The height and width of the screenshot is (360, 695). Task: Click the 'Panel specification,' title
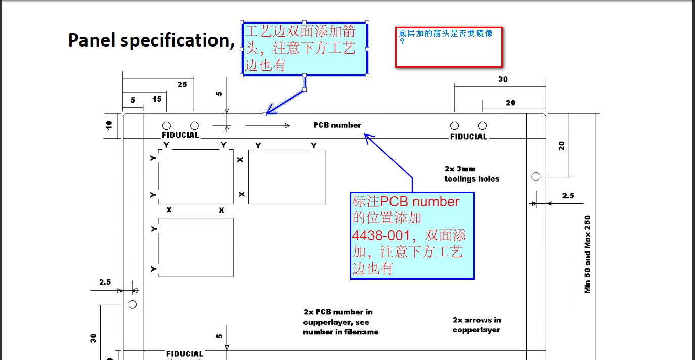point(151,40)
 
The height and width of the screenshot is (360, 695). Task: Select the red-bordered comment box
point(449,48)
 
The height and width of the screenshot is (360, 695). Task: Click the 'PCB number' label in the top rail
point(337,125)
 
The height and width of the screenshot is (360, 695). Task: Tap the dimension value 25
point(182,85)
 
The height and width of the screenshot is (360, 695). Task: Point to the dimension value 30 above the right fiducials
point(503,79)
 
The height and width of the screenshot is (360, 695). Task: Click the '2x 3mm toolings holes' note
point(471,174)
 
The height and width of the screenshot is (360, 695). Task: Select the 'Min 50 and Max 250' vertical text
point(588,254)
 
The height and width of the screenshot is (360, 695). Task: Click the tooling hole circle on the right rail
point(536,176)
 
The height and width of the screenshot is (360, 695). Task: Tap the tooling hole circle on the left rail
point(132,304)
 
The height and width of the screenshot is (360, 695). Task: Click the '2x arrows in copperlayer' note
point(476,325)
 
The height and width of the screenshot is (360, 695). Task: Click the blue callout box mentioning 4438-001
point(412,235)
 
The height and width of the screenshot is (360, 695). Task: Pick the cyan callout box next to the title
point(305,49)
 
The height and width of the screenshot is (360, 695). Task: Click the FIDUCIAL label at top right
point(469,137)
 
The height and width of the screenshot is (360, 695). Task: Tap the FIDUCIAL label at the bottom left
point(185,354)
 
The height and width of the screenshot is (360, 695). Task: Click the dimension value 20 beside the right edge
point(561,146)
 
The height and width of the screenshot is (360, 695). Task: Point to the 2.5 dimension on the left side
point(105,282)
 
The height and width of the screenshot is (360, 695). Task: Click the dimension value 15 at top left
point(157,99)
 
